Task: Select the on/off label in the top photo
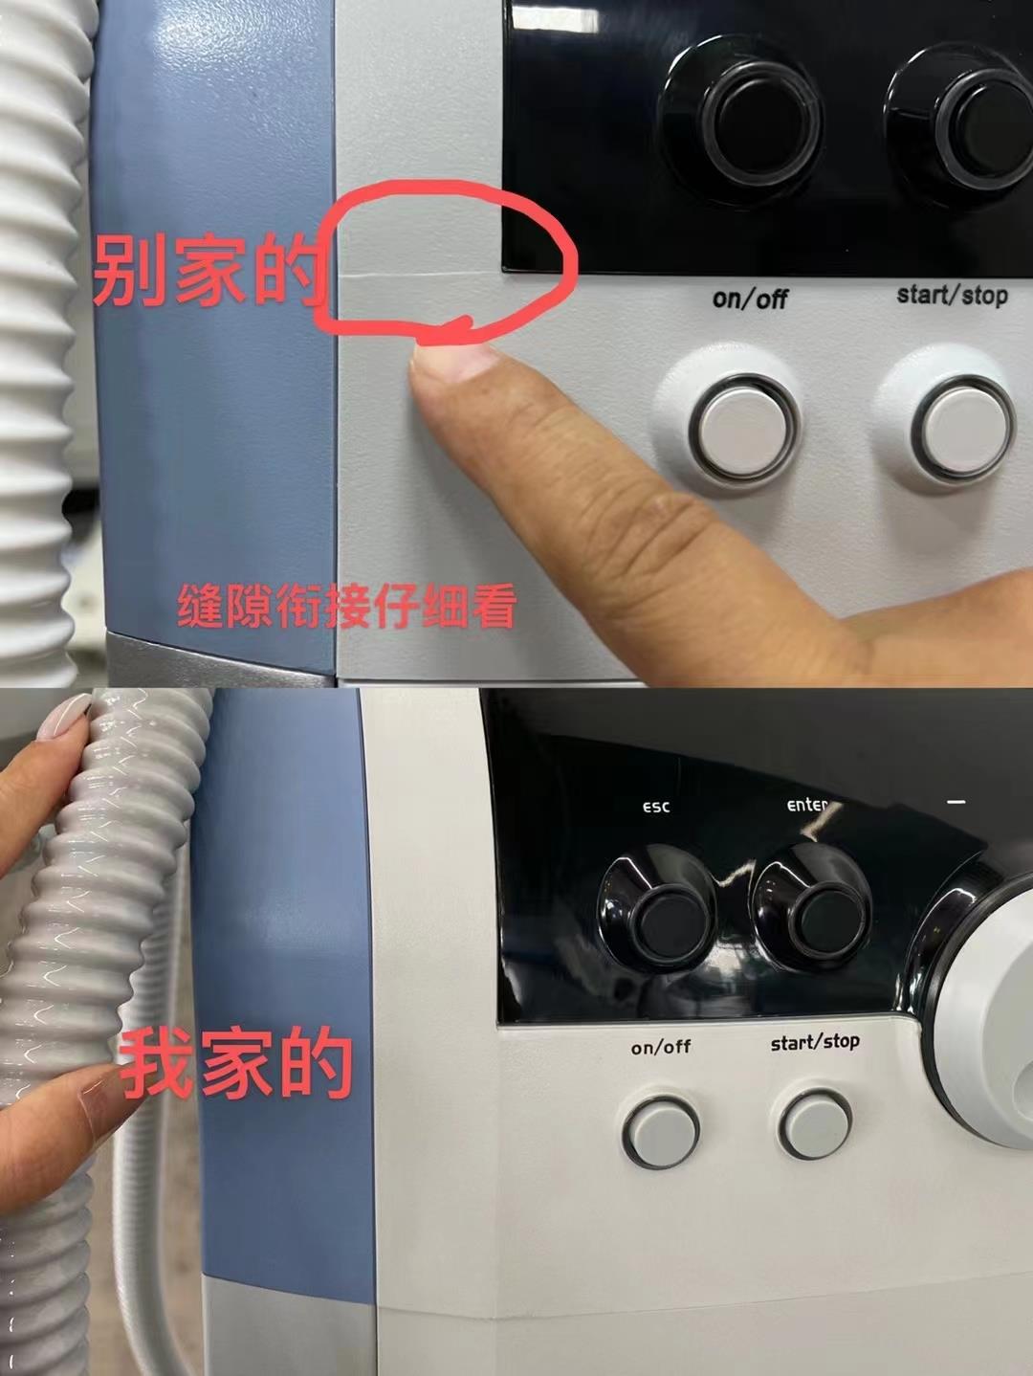coord(750,299)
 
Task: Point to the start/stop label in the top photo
coord(952,295)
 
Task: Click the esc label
coord(656,807)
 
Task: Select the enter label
coord(807,805)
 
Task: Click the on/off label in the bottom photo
coord(661,1047)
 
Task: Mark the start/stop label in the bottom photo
coord(815,1041)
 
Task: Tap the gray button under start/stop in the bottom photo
coord(816,1125)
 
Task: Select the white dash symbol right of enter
coord(956,802)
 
